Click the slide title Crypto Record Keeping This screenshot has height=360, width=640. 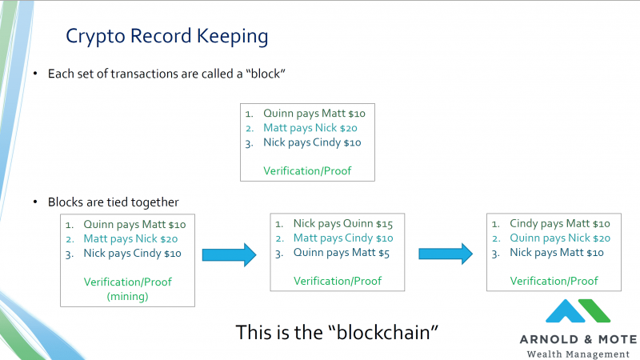(x=167, y=36)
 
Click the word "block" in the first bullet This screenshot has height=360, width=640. (x=266, y=74)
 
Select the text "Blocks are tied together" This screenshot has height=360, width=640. (x=113, y=202)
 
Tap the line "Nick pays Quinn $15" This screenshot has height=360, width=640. (x=343, y=224)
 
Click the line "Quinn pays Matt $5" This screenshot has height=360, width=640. (x=342, y=253)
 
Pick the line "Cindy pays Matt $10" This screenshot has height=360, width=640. (x=559, y=224)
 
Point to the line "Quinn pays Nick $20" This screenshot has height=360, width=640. (x=559, y=238)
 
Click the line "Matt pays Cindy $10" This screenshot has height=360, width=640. (x=343, y=238)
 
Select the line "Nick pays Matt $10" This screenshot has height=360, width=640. (x=556, y=253)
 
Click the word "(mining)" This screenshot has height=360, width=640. (x=127, y=296)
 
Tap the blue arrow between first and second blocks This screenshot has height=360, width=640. (x=230, y=254)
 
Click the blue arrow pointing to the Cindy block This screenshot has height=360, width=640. (x=446, y=254)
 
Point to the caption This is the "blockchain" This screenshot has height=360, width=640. (x=337, y=332)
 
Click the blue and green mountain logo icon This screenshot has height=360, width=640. (x=578, y=311)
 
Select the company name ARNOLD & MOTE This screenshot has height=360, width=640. (x=578, y=339)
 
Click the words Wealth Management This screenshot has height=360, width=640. (x=578, y=354)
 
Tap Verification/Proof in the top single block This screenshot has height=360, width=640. (x=307, y=171)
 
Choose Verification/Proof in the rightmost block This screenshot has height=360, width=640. (x=554, y=282)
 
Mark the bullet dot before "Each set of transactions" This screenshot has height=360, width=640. (x=35, y=74)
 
